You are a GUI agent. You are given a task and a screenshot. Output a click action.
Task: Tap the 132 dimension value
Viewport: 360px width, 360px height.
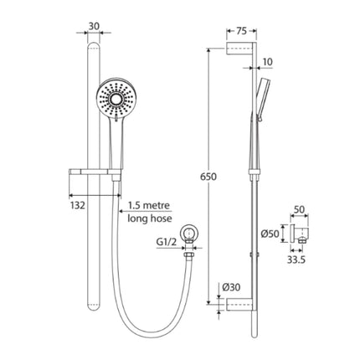pyautogui.click(x=76, y=203)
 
